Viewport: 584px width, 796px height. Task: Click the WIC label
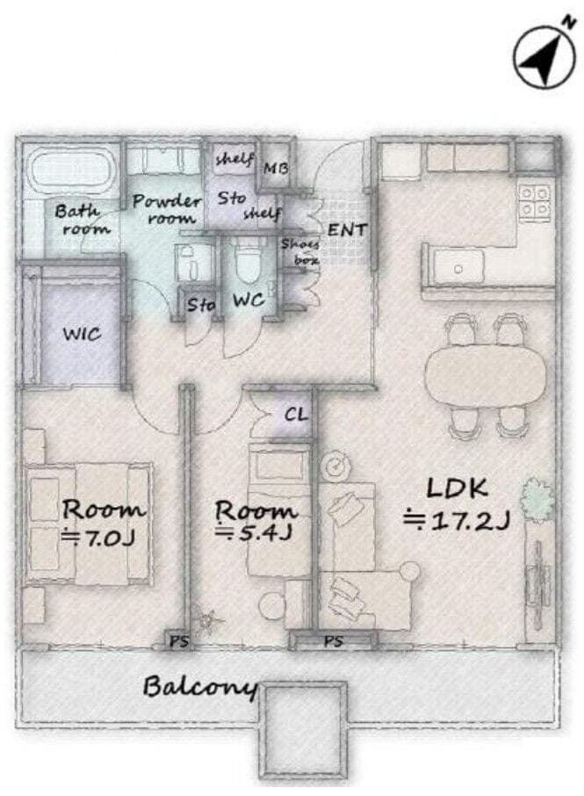[x=83, y=334]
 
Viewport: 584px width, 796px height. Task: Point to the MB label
[x=276, y=168]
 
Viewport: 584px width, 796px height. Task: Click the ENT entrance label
[x=347, y=229]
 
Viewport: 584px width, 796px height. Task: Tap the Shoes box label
[x=301, y=252]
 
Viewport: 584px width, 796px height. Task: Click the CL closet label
[x=296, y=415]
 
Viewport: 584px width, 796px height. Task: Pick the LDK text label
[x=458, y=488]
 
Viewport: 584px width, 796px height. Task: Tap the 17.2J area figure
[x=456, y=521]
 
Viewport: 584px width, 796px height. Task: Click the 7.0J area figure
[x=98, y=538]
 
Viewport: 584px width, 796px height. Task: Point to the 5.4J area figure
[x=253, y=533]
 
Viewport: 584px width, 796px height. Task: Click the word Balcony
[x=199, y=687]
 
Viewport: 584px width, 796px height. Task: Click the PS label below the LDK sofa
[x=333, y=641]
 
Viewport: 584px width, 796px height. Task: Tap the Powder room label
[x=167, y=208]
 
